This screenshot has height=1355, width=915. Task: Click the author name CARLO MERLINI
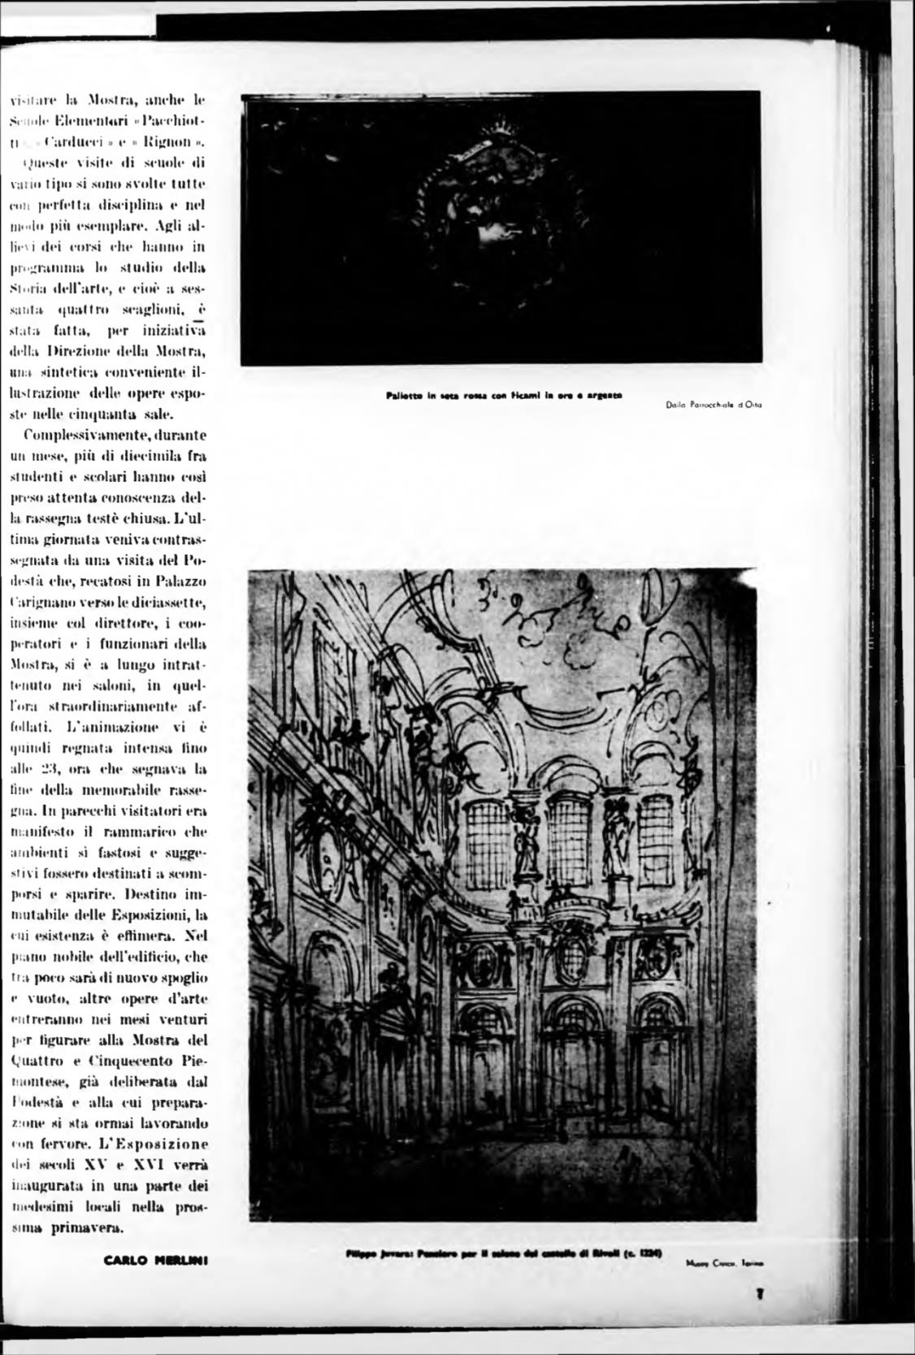(x=157, y=1261)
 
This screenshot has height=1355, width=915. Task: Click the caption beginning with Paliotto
(x=504, y=396)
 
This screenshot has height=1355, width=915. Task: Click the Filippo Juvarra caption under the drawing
(x=504, y=1253)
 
